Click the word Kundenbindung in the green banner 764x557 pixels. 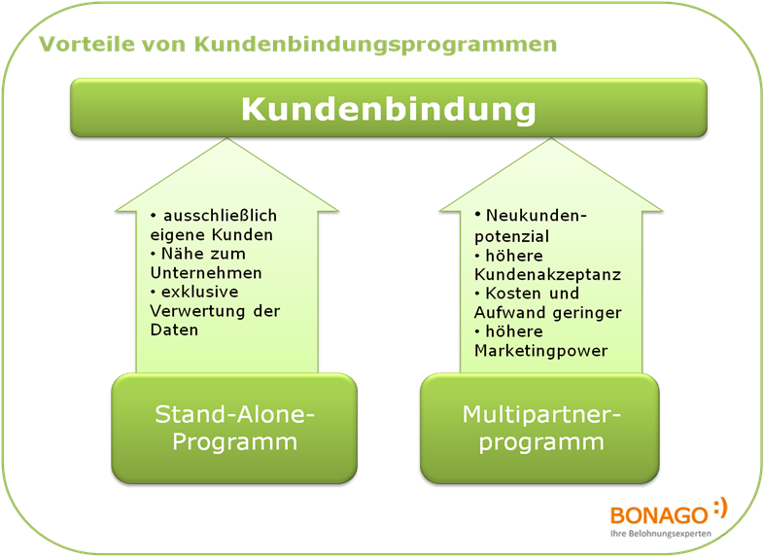388,108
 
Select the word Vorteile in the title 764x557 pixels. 79,45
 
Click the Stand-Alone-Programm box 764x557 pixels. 234,429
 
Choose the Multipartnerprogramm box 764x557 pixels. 539,429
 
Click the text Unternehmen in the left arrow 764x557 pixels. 206,273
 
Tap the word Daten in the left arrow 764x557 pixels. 174,330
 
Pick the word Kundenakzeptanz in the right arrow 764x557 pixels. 547,274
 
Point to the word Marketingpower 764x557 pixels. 540,350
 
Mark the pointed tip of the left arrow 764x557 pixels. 227,141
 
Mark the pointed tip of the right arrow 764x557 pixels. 551,141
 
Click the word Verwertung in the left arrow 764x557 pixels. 194,311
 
